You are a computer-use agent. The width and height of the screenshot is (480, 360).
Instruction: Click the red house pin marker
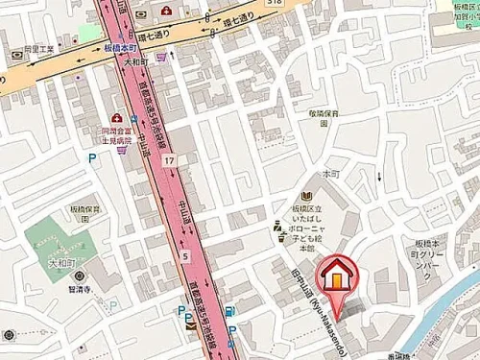click(x=339, y=275)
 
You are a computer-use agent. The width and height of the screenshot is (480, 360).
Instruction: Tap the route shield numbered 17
click(x=169, y=160)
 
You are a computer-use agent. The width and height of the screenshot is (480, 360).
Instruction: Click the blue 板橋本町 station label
click(x=120, y=47)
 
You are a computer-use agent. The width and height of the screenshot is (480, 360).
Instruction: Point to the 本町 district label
click(x=331, y=174)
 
